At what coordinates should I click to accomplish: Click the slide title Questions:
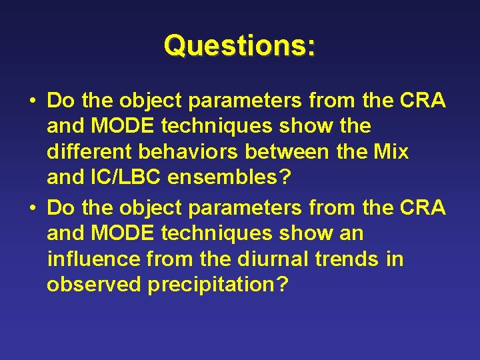240,45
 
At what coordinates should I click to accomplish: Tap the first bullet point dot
32,101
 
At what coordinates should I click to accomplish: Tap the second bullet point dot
32,208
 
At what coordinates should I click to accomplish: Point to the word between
287,151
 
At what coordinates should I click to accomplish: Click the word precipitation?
218,285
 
